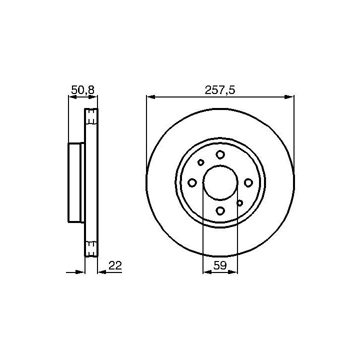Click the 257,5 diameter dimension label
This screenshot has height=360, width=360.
(220, 90)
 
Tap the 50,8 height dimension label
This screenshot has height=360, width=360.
(83, 90)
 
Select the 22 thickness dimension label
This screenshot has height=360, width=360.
(115, 265)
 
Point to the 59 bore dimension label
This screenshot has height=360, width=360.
(220, 265)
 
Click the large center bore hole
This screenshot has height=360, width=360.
(220, 182)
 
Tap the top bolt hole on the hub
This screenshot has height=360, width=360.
(220, 154)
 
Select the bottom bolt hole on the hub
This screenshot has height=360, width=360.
(220, 210)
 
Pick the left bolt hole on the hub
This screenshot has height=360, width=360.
(192, 183)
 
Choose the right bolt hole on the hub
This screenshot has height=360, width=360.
(248, 183)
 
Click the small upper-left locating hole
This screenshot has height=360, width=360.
(201, 162)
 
